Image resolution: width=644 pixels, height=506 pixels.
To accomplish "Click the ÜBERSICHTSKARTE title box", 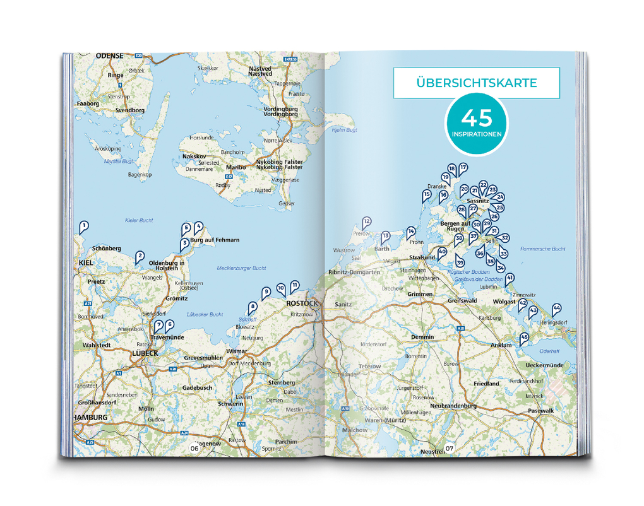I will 477,83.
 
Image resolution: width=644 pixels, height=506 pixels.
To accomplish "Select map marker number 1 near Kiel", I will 83,226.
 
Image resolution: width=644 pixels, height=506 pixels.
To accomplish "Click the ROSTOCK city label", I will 300,303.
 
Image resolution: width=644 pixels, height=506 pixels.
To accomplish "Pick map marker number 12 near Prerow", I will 366,221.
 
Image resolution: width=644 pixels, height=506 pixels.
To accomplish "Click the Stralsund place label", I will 422,257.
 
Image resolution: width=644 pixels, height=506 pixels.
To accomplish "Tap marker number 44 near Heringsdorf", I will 556,309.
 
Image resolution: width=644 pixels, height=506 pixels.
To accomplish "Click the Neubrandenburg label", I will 453,406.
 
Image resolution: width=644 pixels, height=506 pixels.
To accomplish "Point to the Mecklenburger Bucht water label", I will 241,268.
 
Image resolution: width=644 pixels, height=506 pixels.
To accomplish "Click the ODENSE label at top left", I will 109,56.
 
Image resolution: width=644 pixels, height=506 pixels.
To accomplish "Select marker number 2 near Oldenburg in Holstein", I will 140,256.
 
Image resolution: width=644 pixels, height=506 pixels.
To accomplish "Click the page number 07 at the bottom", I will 450,449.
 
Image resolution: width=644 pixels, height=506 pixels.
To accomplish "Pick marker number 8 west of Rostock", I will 253,307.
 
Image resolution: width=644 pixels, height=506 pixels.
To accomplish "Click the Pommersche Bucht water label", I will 542,249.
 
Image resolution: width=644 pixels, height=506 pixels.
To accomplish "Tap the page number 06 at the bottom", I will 194,449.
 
